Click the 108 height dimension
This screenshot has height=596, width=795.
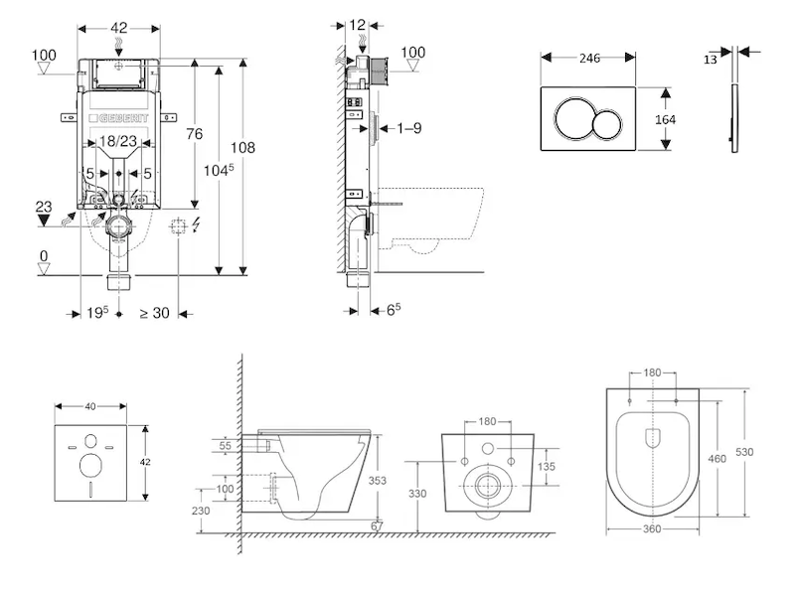pos(243,148)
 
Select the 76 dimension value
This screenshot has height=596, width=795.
pos(195,134)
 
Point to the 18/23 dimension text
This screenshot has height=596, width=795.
pos(119,144)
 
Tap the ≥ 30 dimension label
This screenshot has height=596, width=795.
pos(153,313)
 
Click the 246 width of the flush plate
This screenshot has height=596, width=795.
pos(589,59)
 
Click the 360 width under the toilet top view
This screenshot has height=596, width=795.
pos(652,529)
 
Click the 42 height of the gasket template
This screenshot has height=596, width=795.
pos(145,461)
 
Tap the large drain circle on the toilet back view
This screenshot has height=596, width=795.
pos(487,486)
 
